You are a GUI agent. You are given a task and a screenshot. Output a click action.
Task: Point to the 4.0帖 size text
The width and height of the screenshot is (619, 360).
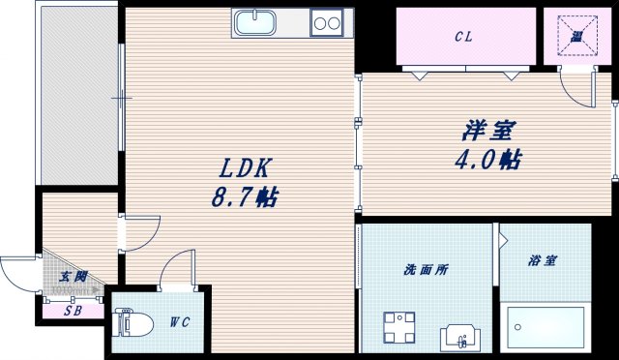click(x=489, y=159)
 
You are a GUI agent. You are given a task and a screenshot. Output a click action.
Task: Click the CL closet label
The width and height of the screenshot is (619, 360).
click(x=463, y=38)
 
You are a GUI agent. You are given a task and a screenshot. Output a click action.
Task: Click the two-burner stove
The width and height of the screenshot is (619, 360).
click(x=327, y=22)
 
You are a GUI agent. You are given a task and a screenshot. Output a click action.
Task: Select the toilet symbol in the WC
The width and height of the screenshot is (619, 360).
click(x=126, y=321)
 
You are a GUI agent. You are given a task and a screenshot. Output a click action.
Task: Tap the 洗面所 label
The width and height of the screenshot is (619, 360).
click(x=426, y=270)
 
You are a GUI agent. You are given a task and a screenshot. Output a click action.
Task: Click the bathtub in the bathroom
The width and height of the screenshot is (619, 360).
click(x=545, y=328)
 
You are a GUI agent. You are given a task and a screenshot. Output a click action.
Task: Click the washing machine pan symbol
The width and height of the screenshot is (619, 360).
click(x=398, y=327)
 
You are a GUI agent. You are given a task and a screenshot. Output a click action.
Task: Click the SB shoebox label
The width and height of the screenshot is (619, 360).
click(x=73, y=311)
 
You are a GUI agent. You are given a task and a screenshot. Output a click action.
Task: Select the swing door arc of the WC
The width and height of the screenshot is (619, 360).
click(x=177, y=267)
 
